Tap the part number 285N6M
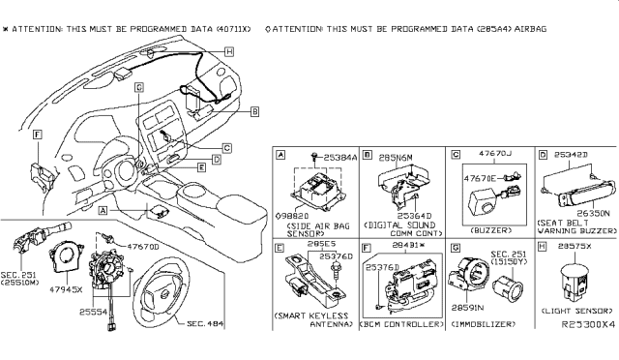[391, 156]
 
